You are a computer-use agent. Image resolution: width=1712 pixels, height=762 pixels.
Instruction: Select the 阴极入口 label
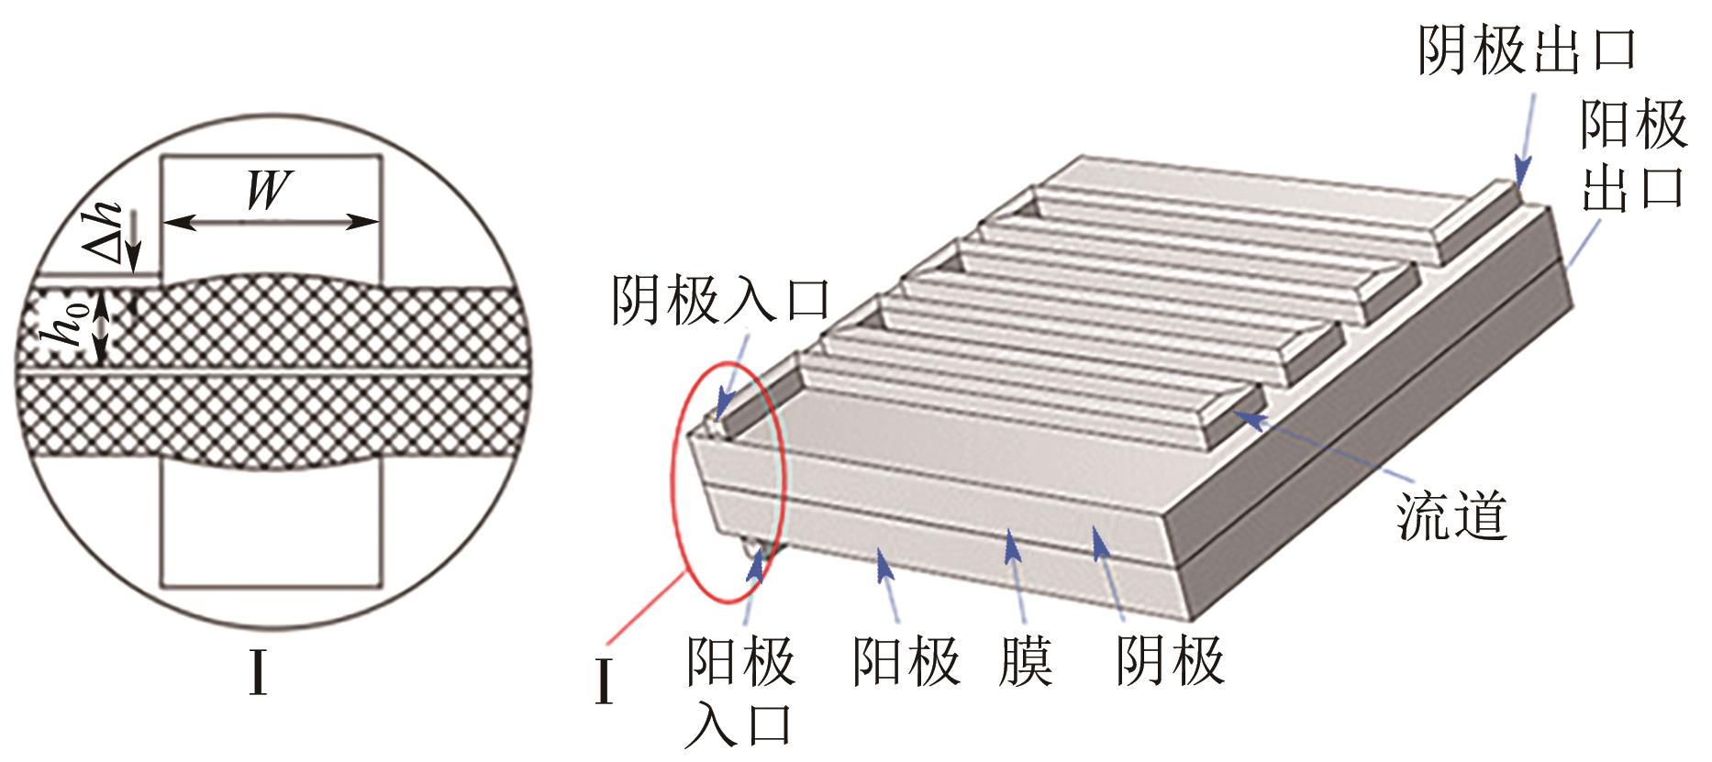[721, 300]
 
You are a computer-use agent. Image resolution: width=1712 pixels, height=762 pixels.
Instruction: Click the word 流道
[1452, 515]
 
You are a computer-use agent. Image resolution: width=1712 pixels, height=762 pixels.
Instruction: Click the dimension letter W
[269, 191]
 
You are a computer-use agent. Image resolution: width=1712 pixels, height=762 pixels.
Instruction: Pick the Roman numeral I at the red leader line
[603, 683]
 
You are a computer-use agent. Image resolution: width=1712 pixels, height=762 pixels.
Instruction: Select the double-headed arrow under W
[272, 222]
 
